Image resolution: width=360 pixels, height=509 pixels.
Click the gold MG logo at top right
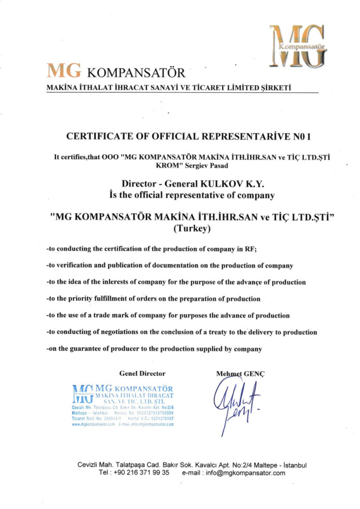298,45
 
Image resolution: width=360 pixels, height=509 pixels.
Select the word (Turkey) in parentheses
192,229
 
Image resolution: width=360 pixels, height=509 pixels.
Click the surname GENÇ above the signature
255,374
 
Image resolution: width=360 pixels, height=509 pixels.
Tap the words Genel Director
142,374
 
